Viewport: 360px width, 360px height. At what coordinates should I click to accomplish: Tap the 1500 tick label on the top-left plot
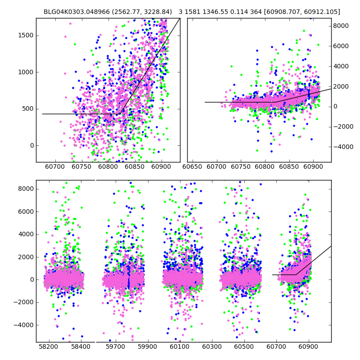pyautogui.click(x=25, y=36)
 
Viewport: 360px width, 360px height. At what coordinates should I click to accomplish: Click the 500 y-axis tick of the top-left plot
pyautogui.click(x=27, y=108)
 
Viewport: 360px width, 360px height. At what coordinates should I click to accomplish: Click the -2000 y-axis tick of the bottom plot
pyautogui.click(x=22, y=302)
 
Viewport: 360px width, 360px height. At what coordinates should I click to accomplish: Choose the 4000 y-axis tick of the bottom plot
pyautogui.click(x=24, y=234)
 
